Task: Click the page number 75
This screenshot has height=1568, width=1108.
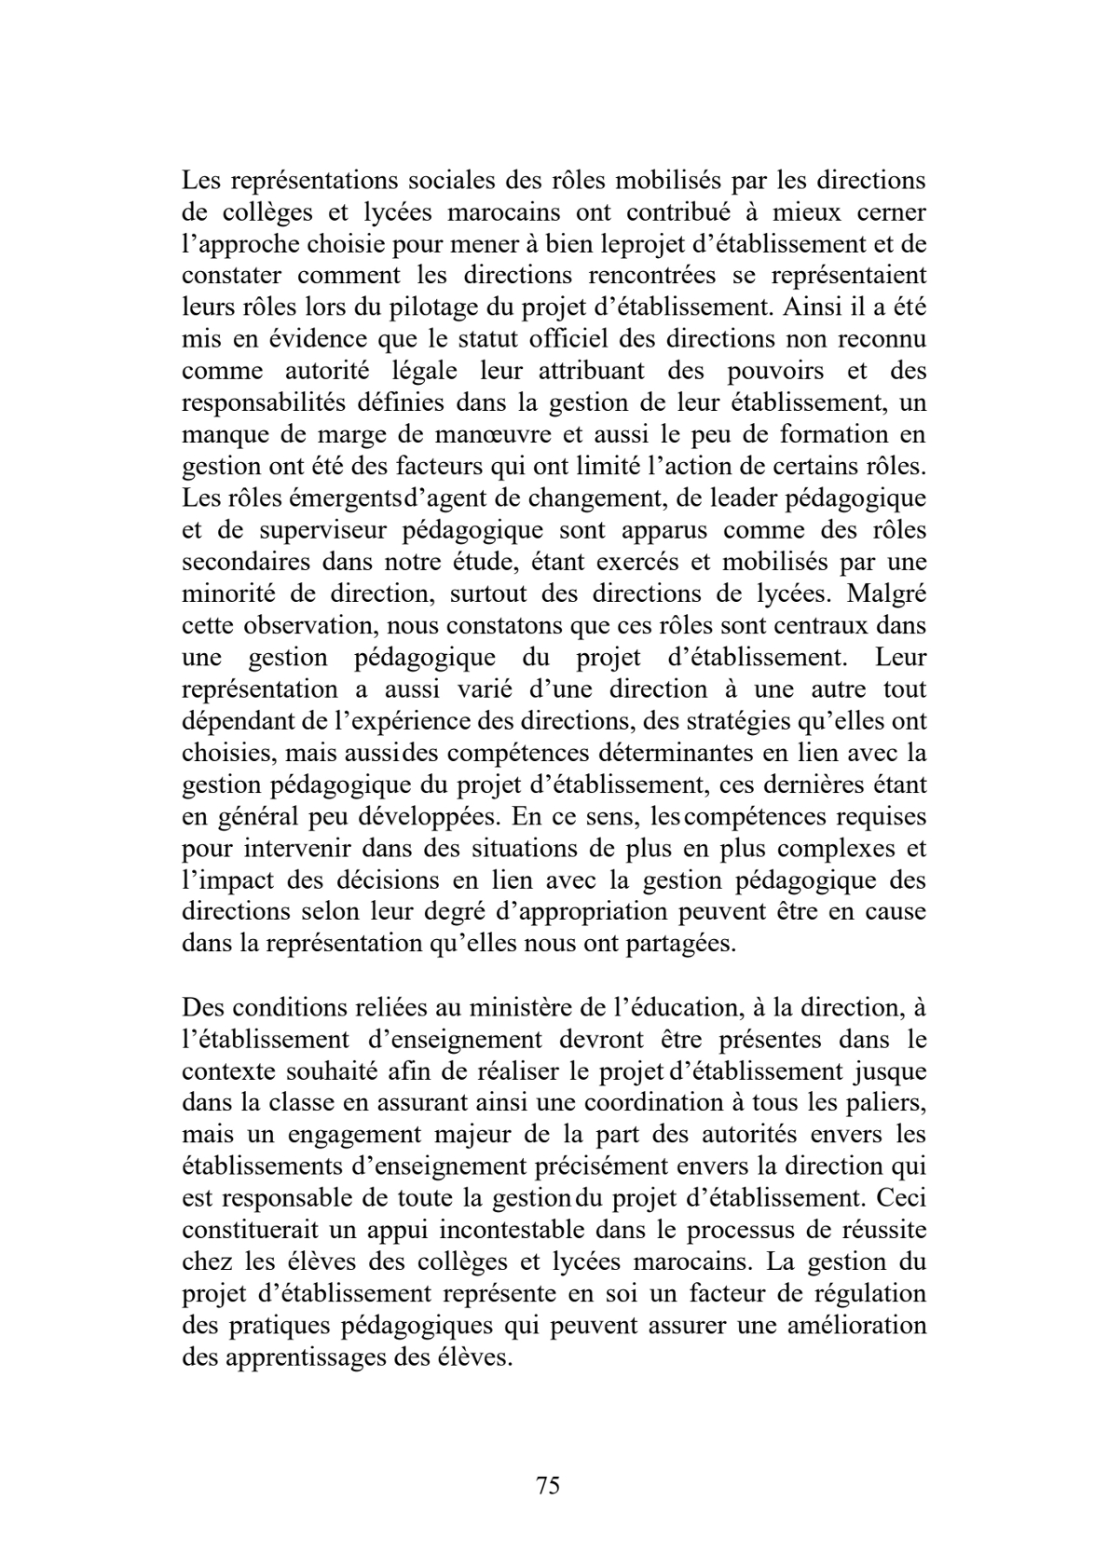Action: (x=549, y=1485)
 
